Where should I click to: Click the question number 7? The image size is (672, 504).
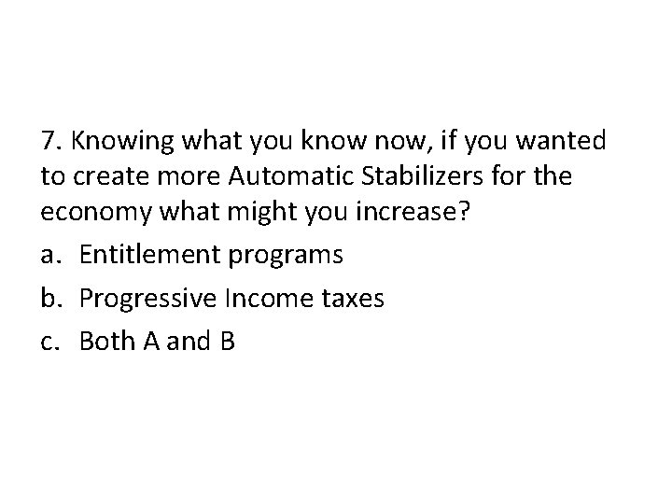(x=51, y=141)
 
